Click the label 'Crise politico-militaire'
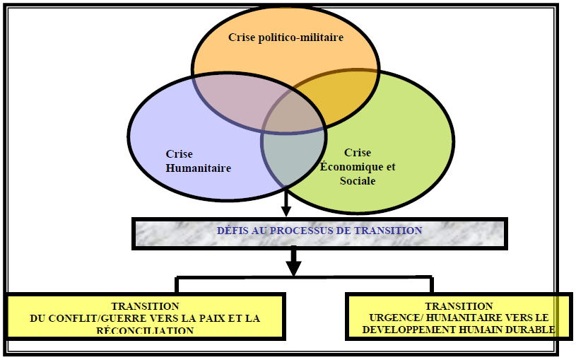point(286,37)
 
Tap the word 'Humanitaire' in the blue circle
point(199,168)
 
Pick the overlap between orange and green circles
point(346,92)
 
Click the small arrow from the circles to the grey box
point(286,203)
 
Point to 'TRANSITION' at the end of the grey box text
point(391,231)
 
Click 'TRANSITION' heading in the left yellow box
point(145,306)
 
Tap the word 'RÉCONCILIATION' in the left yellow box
point(145,330)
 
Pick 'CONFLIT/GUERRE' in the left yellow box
point(92,318)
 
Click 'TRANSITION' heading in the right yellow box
point(459,306)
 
